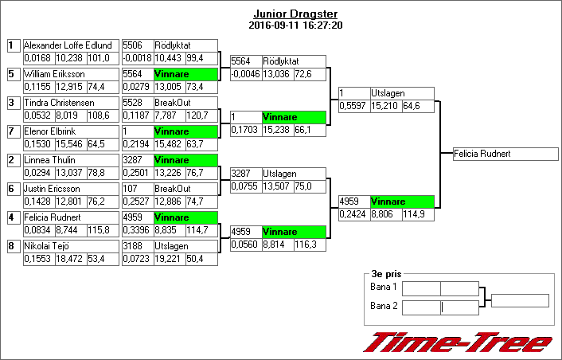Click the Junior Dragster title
click(x=295, y=14)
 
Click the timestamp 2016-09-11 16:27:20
click(x=295, y=25)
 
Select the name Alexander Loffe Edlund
click(x=68, y=45)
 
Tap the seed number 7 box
click(x=14, y=131)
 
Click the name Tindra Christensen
click(x=59, y=103)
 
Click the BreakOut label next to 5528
click(x=173, y=103)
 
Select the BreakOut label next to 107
click(x=173, y=189)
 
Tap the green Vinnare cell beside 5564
click(x=185, y=74)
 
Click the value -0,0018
click(x=137, y=58)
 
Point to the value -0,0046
click(x=245, y=74)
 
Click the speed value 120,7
click(x=197, y=115)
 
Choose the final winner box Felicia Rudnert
click(x=505, y=154)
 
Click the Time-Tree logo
click(x=458, y=342)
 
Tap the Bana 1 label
click(x=384, y=287)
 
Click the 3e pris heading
click(x=386, y=274)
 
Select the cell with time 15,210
click(x=384, y=106)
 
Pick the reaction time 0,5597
click(x=353, y=106)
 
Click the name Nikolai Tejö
click(x=47, y=246)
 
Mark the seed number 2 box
click(x=14, y=160)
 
